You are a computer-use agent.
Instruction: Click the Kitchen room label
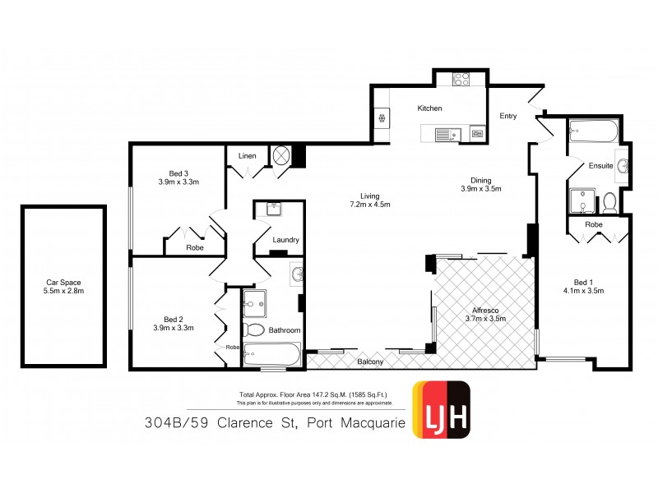coord(429,108)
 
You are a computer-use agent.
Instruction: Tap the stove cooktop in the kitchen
coord(461,81)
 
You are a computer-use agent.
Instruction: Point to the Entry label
coord(508,116)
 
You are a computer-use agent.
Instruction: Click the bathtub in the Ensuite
coord(592,132)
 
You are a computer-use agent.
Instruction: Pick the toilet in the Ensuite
coord(609,201)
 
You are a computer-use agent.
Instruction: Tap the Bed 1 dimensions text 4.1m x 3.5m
coord(584,291)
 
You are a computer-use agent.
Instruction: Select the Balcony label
coord(370,362)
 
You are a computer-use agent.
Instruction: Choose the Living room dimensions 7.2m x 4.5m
coord(369,205)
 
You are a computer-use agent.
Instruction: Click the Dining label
coord(481,180)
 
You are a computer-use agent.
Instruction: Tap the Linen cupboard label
coord(248,156)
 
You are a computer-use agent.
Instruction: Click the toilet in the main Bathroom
coord(254,330)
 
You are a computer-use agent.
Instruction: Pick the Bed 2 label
coord(173,319)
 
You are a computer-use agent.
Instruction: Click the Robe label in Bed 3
coord(195,246)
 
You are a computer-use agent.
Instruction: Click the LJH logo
coord(441,409)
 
